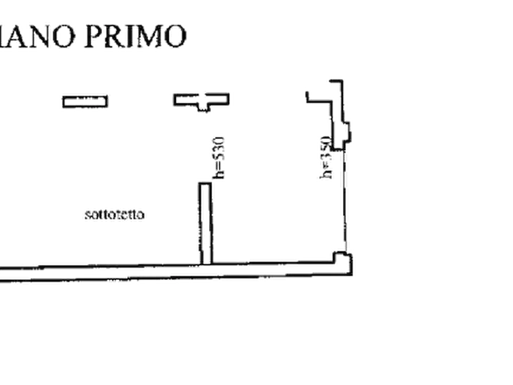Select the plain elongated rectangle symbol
[84, 101]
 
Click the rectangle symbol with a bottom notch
[202, 100]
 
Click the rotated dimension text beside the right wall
[325, 159]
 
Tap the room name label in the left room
[115, 215]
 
